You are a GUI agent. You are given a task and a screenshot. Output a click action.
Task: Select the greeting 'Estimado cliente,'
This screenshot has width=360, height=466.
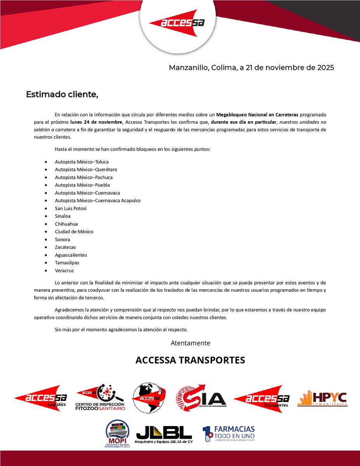62,94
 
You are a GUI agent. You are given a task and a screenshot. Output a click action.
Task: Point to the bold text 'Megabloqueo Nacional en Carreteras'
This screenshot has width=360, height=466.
257,115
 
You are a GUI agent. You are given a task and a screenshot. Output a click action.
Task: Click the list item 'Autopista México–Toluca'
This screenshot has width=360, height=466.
82,162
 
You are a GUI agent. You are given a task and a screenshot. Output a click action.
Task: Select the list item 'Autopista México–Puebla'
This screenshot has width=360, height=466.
82,185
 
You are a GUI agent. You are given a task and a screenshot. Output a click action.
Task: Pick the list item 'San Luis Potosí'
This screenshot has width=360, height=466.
71,209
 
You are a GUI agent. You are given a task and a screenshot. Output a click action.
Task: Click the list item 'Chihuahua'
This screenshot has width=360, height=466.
66,224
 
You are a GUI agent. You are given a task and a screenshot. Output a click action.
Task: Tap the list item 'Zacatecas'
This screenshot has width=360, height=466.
65,247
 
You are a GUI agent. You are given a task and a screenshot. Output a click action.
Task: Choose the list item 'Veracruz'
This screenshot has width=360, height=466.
64,271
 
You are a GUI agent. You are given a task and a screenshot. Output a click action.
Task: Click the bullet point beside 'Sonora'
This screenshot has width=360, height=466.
47,240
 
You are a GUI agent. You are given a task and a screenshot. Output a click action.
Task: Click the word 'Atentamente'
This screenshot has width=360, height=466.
190,343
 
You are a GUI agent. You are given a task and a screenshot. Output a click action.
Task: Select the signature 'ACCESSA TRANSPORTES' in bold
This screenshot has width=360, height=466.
190,360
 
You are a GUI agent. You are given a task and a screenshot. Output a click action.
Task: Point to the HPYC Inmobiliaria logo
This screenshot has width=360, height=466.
322,398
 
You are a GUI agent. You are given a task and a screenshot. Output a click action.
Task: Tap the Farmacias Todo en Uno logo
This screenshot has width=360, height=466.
229,433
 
